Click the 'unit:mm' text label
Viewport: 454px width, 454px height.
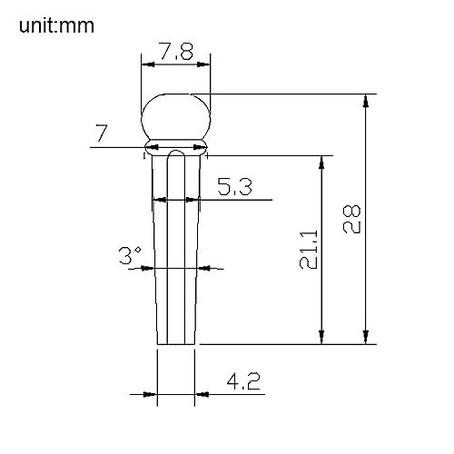(x=56, y=25)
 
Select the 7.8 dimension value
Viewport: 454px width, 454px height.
(x=176, y=51)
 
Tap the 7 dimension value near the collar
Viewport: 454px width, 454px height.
(x=102, y=133)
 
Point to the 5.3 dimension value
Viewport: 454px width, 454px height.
(x=234, y=186)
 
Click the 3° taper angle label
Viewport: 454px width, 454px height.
(x=130, y=255)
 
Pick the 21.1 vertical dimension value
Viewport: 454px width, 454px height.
(x=309, y=250)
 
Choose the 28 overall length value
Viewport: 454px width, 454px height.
(x=352, y=219)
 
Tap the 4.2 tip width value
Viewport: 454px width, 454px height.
(x=243, y=381)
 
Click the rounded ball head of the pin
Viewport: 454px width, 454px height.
(x=175, y=116)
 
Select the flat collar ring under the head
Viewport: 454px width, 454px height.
(x=176, y=147)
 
